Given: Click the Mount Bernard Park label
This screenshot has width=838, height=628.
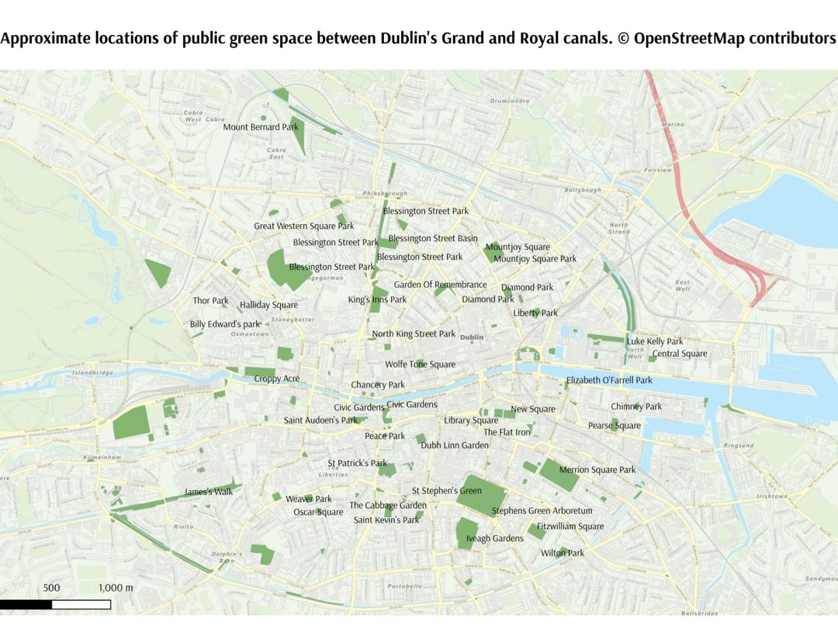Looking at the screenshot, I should tap(261, 127).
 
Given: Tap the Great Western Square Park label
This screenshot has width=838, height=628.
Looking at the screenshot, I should tap(303, 226).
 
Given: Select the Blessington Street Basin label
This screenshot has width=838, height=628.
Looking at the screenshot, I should tap(433, 239).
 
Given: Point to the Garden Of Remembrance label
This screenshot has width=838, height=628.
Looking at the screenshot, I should tap(440, 285).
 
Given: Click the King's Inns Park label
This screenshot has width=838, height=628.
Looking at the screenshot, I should tap(377, 300).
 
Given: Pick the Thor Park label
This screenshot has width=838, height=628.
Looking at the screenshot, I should tap(211, 301).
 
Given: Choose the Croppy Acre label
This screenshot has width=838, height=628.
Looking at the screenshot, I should tap(277, 379).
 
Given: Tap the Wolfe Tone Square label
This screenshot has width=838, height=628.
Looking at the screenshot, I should tap(421, 364).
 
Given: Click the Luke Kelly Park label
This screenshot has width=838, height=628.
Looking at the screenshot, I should tap(655, 341).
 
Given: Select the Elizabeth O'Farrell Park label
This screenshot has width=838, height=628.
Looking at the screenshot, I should tap(609, 381).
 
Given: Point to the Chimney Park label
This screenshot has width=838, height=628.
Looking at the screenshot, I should tap(636, 406).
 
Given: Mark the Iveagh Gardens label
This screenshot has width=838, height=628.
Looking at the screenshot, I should tap(494, 539).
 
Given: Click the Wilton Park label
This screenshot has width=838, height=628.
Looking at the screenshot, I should tap(563, 554).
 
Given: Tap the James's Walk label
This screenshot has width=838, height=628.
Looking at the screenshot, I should tap(209, 492).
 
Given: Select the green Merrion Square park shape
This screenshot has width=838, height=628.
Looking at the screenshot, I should tap(559, 474).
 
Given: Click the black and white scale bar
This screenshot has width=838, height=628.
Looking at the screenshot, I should tap(55, 604).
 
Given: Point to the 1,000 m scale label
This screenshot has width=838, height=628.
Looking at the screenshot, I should tap(116, 588).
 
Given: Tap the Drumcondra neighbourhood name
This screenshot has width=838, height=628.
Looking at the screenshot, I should tap(510, 101).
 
